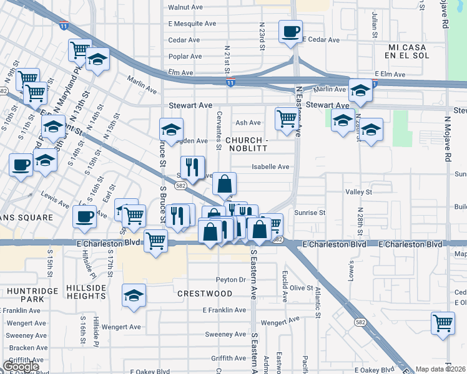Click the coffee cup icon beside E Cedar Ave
coord(291,31)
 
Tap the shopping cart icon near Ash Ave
coord(287,117)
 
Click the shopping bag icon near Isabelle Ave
coord(225,184)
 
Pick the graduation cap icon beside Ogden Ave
coord(171,130)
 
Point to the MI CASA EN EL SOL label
coord(410,52)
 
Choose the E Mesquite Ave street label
coord(192,24)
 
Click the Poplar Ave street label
coord(185,56)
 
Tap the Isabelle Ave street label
coord(270,167)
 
